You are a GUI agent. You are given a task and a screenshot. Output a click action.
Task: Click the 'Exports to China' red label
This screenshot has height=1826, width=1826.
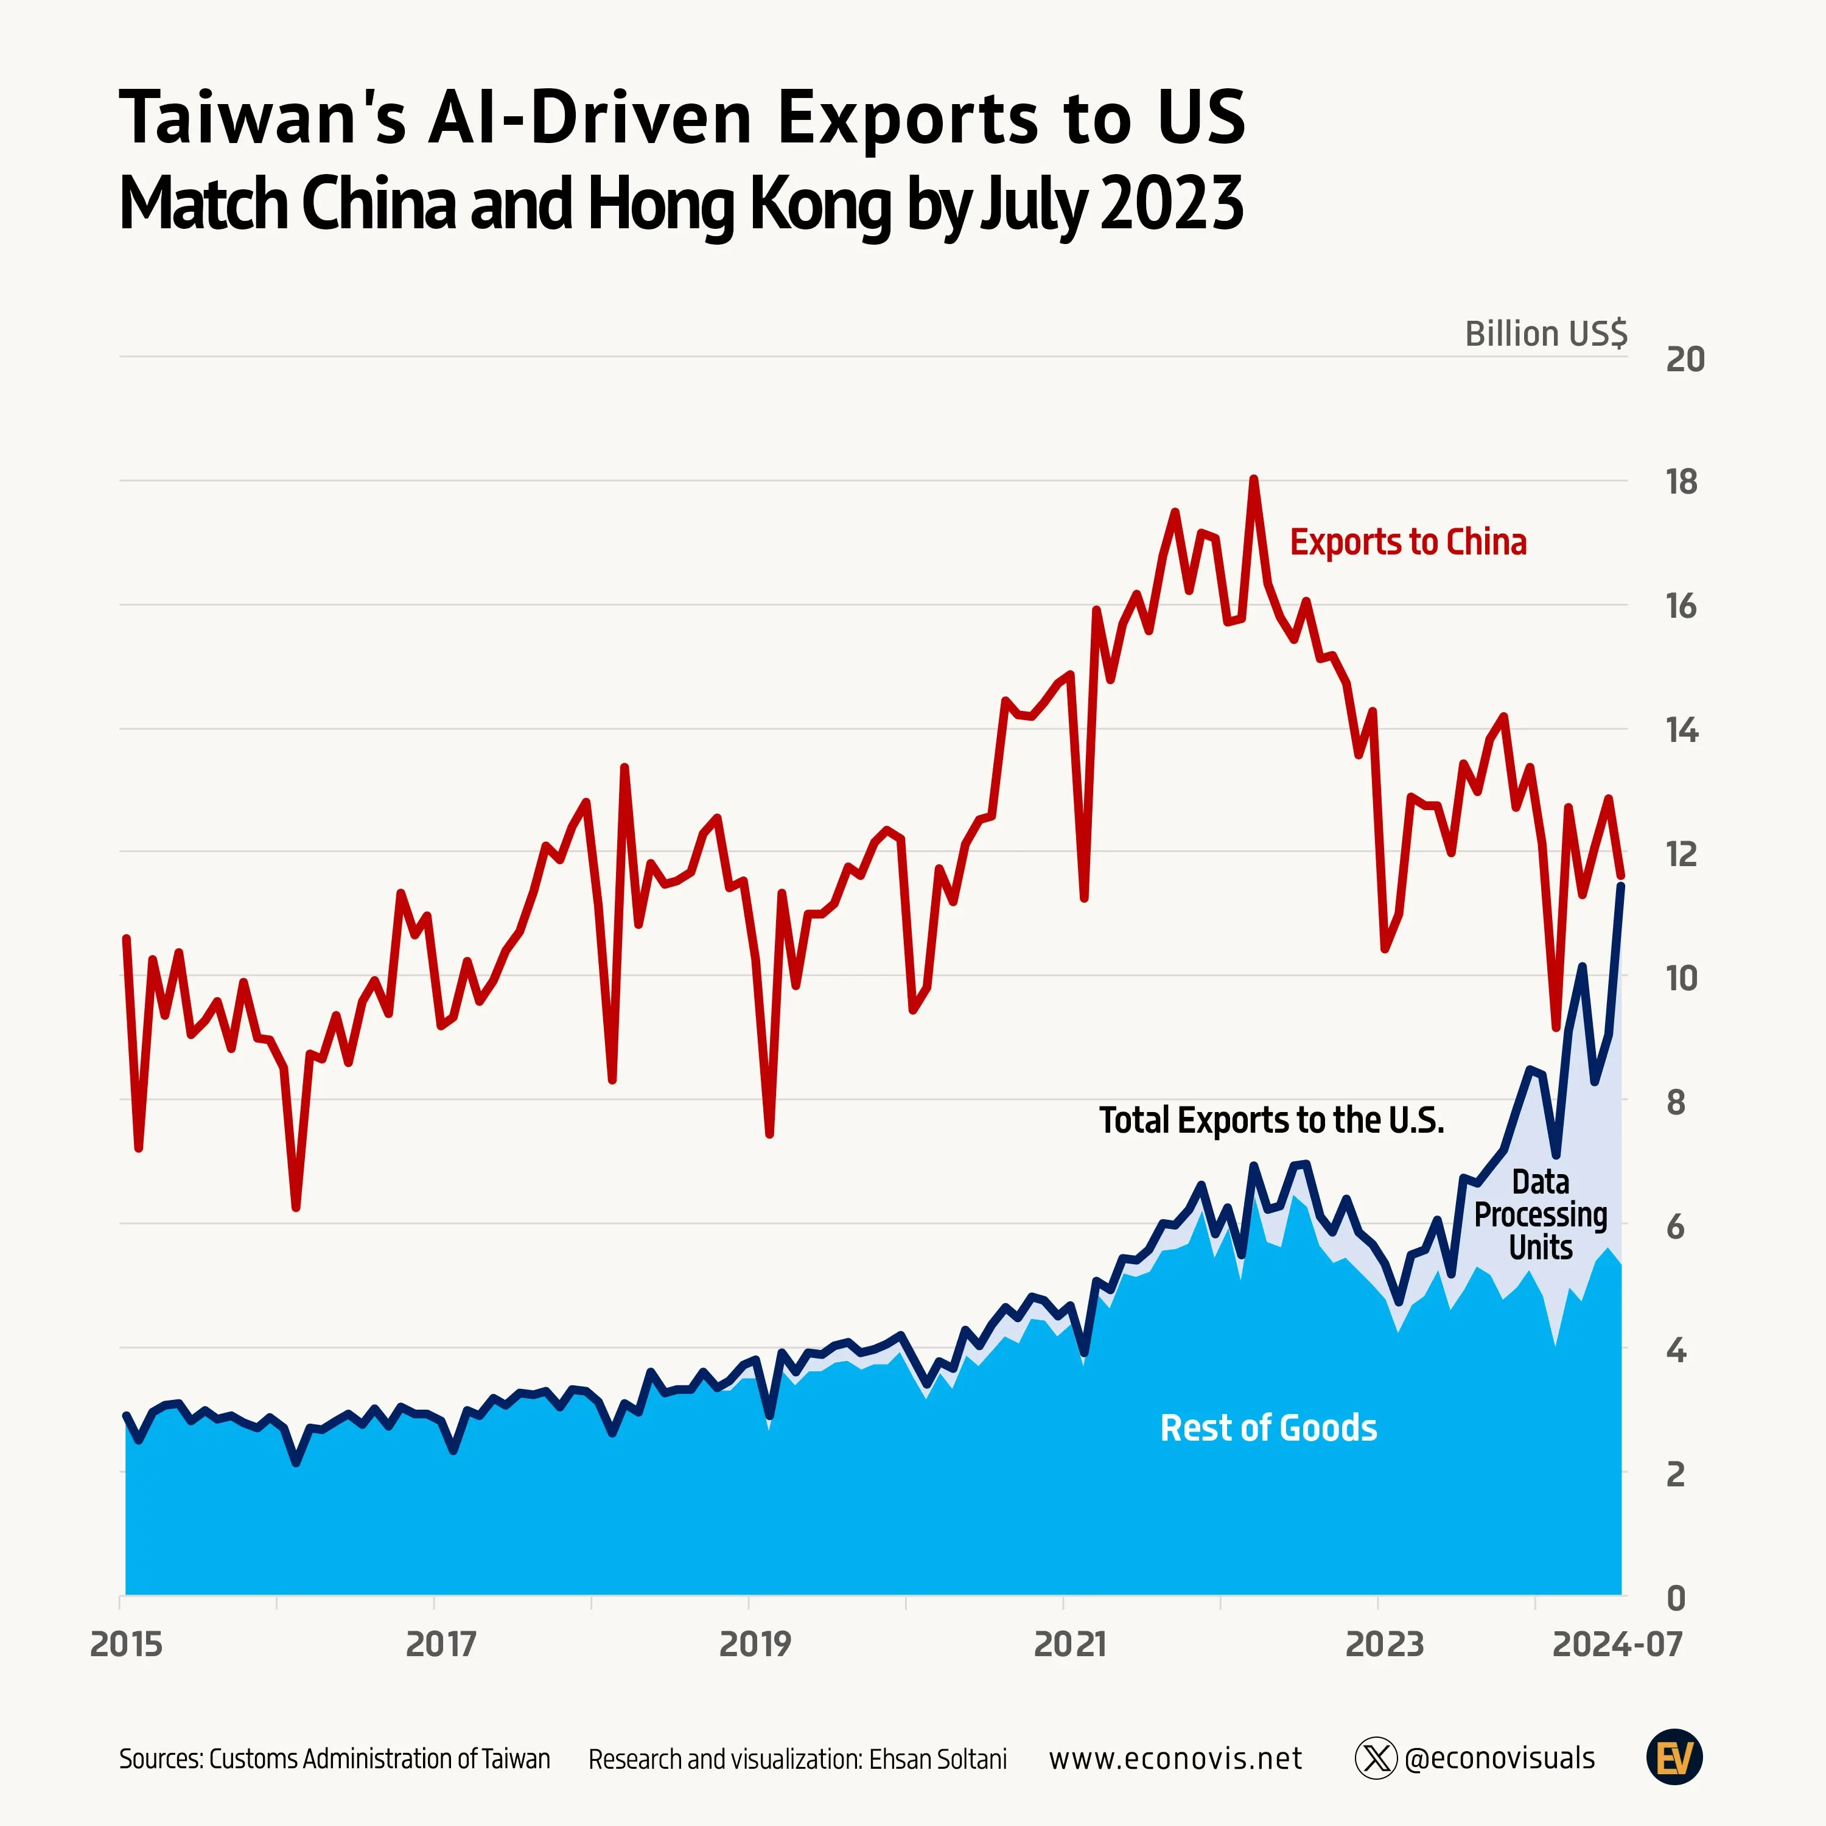click(1407, 542)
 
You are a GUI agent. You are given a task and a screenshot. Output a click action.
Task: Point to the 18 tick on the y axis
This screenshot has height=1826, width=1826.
click(1681, 483)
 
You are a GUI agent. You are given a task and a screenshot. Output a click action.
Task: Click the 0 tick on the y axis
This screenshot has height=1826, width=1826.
click(1676, 1598)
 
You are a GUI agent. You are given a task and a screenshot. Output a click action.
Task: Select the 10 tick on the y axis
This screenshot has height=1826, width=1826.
click(1681, 979)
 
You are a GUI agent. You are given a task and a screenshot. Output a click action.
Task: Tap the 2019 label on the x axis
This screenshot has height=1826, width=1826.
click(754, 1645)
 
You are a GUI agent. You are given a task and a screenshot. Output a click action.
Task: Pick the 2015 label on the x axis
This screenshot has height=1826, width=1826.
click(126, 1645)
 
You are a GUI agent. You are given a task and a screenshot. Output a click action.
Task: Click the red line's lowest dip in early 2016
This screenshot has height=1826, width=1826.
click(296, 1207)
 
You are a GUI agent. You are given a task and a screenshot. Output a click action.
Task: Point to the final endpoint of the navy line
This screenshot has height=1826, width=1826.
click(1621, 886)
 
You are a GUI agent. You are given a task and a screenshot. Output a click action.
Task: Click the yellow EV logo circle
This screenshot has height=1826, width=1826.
click(1674, 1758)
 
